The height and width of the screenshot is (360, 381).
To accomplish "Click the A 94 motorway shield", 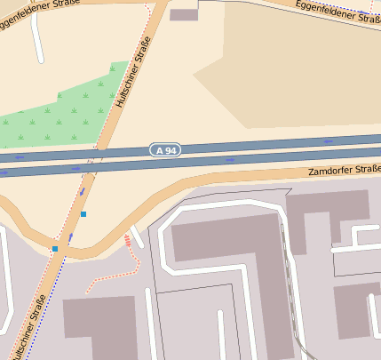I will coord(166,150).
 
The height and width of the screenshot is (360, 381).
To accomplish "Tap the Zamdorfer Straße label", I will coord(344,170).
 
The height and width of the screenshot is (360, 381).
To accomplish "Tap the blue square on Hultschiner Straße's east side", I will coord(83,214).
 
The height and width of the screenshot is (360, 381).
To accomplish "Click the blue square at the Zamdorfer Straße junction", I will coord(55,249).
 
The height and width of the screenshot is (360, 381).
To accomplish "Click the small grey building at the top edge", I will coord(184,14).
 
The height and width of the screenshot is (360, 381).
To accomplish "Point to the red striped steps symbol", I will coord(127,239).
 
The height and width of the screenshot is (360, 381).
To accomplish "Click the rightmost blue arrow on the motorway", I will coord(329,141).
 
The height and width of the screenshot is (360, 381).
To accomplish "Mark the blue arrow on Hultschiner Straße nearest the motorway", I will coord(83,189).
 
